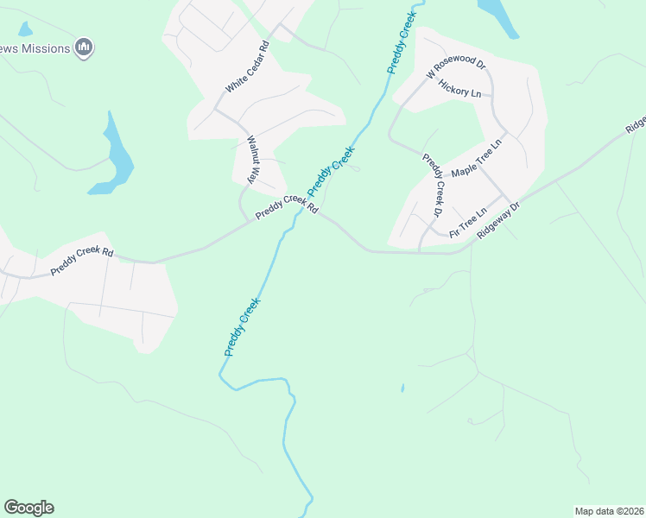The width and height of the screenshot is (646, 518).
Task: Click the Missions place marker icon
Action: [x=84, y=47]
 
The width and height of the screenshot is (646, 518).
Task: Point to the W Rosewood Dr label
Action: [x=456, y=70]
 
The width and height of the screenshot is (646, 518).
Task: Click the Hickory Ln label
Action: [x=459, y=88]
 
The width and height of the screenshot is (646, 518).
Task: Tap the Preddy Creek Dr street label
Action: [x=432, y=184]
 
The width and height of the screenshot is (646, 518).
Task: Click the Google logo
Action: [x=28, y=508]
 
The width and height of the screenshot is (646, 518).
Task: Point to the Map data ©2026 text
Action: [x=609, y=511]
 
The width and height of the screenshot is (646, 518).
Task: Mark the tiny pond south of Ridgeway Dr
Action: [x=402, y=388]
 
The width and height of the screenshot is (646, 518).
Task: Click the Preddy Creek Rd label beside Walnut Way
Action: [x=287, y=205]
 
